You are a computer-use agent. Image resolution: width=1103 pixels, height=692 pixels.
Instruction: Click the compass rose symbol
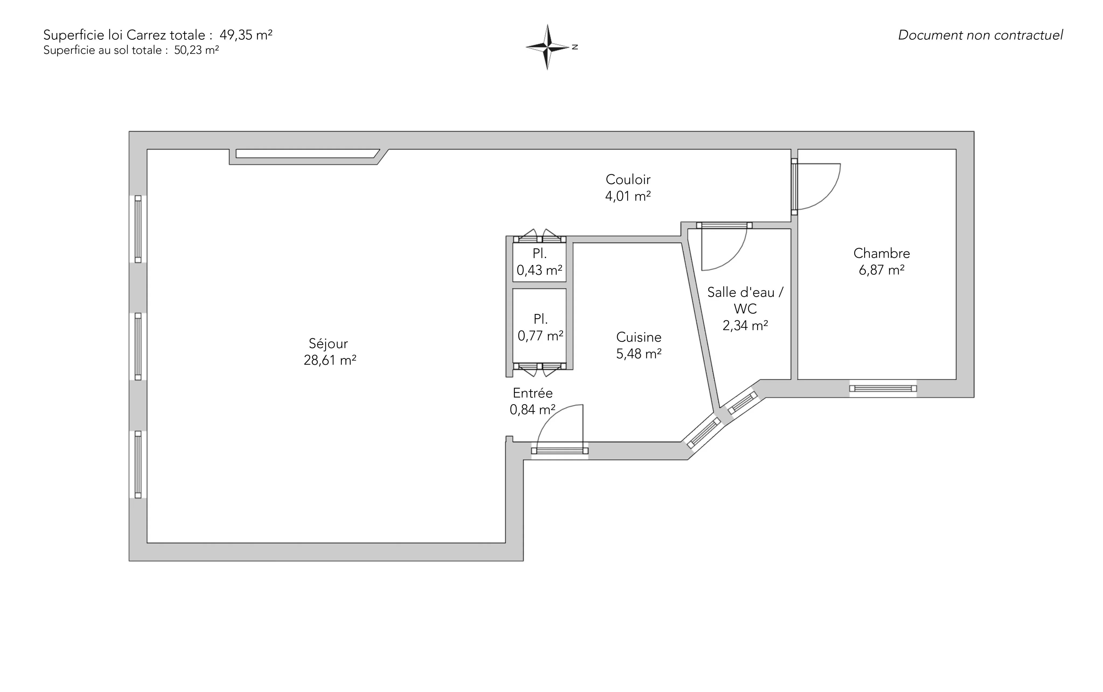(x=547, y=47)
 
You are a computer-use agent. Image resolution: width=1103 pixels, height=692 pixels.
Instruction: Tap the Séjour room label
(x=329, y=344)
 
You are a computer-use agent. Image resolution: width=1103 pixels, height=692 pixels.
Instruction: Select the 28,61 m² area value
(x=330, y=360)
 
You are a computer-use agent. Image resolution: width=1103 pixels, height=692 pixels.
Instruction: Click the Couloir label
(x=628, y=179)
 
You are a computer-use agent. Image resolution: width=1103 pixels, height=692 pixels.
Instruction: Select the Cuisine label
(x=638, y=337)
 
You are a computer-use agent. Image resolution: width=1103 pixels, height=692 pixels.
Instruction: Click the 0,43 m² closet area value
(x=540, y=270)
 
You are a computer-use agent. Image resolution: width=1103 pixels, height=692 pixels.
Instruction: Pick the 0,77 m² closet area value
(x=540, y=336)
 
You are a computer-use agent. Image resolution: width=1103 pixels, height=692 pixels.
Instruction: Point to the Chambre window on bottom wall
(x=883, y=389)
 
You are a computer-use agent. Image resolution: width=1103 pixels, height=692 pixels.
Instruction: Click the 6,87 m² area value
(x=881, y=270)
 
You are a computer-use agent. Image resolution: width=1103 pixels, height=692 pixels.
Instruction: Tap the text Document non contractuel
(x=980, y=35)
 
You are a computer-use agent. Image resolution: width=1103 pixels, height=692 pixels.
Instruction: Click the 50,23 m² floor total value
(x=197, y=50)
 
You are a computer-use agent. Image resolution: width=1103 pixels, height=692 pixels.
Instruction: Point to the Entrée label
(x=533, y=393)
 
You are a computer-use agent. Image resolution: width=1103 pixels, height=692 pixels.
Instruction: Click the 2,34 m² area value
(x=745, y=325)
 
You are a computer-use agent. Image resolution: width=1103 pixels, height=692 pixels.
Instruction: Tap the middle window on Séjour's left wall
(x=138, y=347)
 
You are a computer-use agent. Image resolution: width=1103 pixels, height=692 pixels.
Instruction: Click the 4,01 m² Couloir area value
(x=628, y=196)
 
